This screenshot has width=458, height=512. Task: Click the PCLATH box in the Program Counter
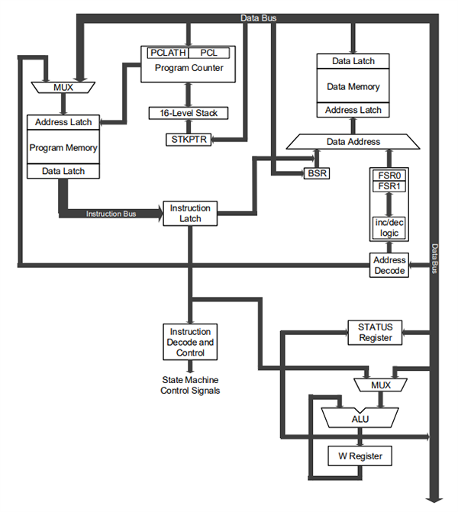click(x=167, y=53)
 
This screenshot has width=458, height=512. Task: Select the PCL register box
click(x=208, y=53)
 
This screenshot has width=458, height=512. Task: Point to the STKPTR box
click(x=187, y=140)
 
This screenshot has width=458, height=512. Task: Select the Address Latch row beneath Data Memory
click(x=353, y=111)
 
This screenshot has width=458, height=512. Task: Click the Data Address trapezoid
click(x=353, y=141)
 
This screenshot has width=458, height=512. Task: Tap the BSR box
click(x=315, y=173)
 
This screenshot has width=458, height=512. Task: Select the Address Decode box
click(x=389, y=265)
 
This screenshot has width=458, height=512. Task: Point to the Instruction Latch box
click(x=185, y=213)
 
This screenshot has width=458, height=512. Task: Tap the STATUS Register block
click(x=375, y=332)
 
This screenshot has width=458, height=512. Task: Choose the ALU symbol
click(x=360, y=418)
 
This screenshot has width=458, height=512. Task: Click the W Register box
click(x=360, y=456)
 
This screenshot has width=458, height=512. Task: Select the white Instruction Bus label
click(x=111, y=214)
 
